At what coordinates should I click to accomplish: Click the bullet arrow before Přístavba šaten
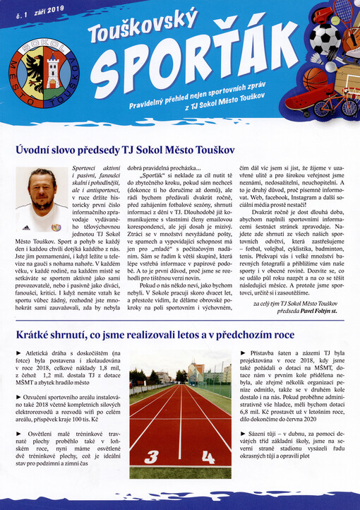click(x=244, y=352)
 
